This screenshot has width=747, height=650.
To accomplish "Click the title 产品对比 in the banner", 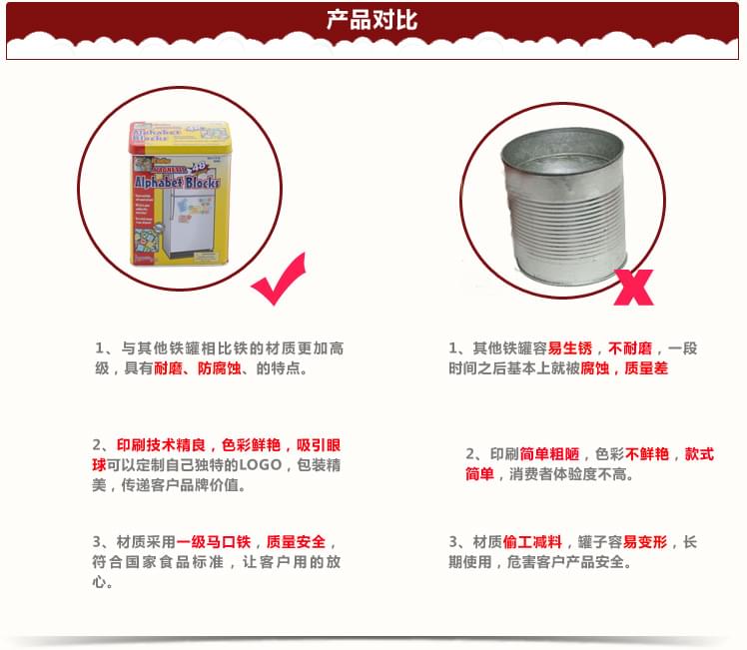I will click(x=373, y=20).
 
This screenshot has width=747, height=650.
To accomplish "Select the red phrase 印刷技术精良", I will click(x=160, y=445).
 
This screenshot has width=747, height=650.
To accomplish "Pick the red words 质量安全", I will click(x=296, y=541).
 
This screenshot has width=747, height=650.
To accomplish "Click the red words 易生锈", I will click(x=569, y=348).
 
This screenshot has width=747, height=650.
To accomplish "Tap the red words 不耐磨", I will click(x=629, y=348).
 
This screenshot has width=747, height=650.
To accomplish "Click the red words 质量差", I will click(x=646, y=368).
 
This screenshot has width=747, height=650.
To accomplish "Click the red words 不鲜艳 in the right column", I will click(x=647, y=453).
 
